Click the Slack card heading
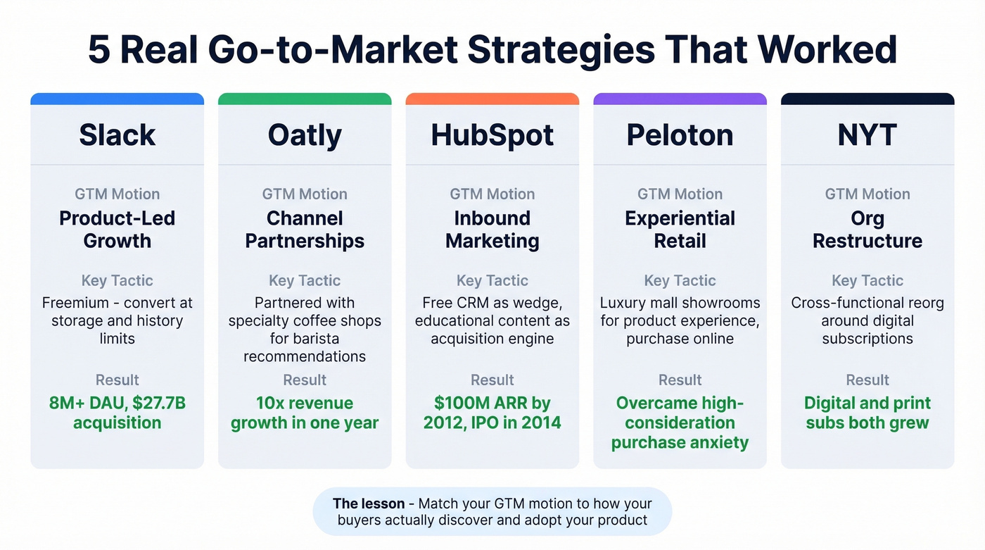click(x=117, y=135)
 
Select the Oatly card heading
click(x=305, y=135)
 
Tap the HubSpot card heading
click(x=493, y=135)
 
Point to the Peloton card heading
click(x=680, y=135)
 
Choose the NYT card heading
click(x=868, y=135)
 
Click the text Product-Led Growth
click(x=117, y=230)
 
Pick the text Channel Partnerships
click(x=305, y=230)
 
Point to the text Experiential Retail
click(x=680, y=230)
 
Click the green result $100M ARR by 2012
click(x=493, y=413)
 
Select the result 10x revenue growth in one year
click(x=305, y=413)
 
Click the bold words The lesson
click(x=368, y=504)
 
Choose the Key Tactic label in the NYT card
click(x=868, y=280)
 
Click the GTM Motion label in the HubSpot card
click(x=493, y=194)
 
